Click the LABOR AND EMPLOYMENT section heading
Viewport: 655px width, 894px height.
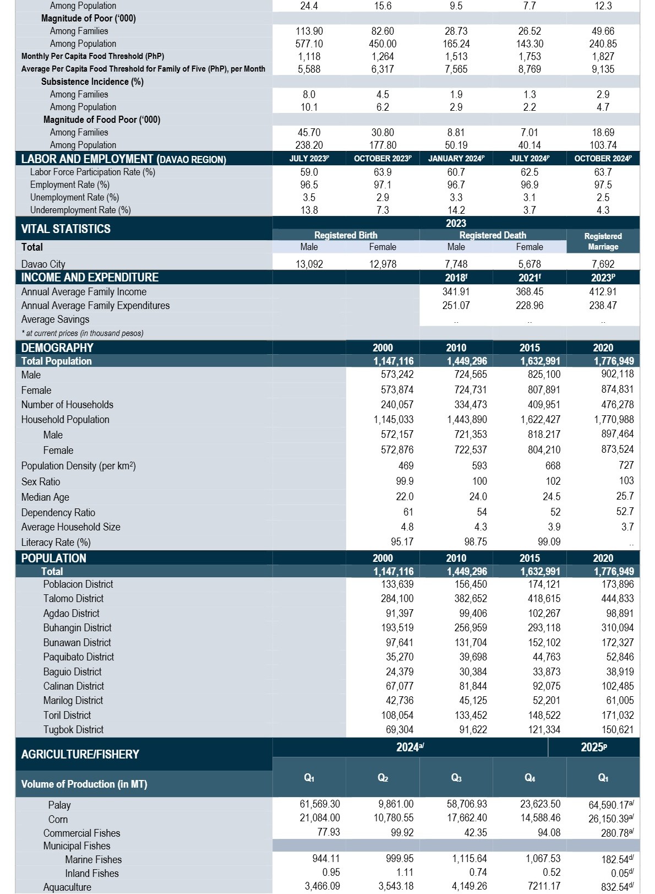click(x=124, y=159)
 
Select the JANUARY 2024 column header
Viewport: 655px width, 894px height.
click(x=456, y=159)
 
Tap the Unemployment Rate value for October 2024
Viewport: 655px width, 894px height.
click(x=603, y=197)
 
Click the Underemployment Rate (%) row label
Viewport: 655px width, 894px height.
click(x=80, y=210)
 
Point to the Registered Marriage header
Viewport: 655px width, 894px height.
click(x=603, y=241)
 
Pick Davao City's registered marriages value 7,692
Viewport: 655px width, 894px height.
click(x=603, y=264)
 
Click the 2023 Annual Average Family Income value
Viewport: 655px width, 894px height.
click(x=603, y=292)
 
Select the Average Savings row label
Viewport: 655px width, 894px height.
click(x=55, y=319)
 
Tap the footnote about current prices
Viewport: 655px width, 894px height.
click(x=82, y=333)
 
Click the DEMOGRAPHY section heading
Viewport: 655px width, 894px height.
click(x=57, y=348)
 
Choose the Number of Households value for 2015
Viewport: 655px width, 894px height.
click(x=544, y=404)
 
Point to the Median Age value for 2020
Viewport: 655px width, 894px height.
click(x=625, y=496)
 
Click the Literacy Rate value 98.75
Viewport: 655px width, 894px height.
click(x=474, y=541)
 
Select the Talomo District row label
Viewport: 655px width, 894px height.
click(x=73, y=599)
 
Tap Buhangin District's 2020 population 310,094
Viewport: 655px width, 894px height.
click(x=618, y=628)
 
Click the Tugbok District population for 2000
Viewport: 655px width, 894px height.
click(x=399, y=729)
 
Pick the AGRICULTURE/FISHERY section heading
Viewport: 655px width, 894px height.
click(x=80, y=754)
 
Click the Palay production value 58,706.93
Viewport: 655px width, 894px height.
click(x=467, y=804)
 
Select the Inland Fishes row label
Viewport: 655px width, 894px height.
click(x=92, y=873)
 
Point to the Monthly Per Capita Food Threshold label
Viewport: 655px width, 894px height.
click(x=92, y=56)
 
